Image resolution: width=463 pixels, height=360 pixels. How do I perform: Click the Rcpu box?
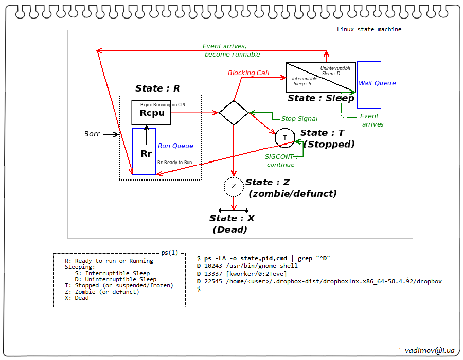point(151,113)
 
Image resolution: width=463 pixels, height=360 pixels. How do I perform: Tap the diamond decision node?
point(234,112)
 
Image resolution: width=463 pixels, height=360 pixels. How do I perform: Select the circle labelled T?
point(284,137)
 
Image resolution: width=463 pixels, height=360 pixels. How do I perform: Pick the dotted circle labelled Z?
point(234,186)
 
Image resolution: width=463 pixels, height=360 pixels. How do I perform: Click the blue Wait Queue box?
point(369,85)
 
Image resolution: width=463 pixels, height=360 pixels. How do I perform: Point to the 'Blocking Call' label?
point(248,73)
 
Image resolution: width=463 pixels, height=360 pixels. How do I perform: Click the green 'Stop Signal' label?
point(299,119)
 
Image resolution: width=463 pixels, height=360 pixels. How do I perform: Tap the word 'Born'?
point(93,134)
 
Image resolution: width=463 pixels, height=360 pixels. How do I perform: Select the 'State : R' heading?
point(157,88)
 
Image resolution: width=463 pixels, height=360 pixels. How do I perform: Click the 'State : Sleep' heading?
point(320,98)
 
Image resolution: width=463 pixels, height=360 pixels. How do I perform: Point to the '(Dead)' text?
point(230,230)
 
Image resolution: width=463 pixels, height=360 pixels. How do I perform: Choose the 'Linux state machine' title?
point(369,29)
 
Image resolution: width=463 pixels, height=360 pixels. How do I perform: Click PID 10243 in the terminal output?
point(214,266)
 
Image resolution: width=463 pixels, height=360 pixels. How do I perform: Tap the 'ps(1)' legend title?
point(170,253)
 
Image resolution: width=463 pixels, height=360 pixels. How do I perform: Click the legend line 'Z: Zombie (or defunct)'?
point(102,292)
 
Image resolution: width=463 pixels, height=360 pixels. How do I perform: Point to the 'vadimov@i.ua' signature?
point(430,350)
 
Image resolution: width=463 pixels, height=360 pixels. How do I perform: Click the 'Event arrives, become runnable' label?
point(232,50)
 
